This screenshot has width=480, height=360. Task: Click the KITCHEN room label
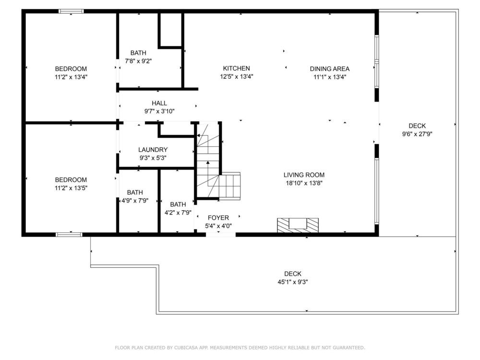(x=236, y=69)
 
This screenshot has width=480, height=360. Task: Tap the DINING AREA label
(x=330, y=69)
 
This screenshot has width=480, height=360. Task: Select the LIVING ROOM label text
(x=304, y=175)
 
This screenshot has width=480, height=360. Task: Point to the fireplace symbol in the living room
(x=298, y=225)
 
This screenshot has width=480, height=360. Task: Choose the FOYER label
(x=218, y=218)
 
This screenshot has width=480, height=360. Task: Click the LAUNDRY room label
(x=153, y=150)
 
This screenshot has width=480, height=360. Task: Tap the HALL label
(x=159, y=103)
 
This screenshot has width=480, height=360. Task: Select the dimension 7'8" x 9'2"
(x=138, y=61)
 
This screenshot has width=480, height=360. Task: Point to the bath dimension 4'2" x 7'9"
(x=178, y=212)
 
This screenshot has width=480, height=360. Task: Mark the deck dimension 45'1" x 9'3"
(x=292, y=282)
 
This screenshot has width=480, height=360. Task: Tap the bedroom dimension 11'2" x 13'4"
(x=71, y=76)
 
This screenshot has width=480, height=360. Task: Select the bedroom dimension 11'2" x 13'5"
(x=71, y=188)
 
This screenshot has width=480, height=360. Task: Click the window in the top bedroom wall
(x=71, y=11)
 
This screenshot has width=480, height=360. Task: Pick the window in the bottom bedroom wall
(x=69, y=234)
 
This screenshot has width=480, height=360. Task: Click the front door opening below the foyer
(x=220, y=234)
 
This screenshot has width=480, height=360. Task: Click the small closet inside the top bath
(x=170, y=30)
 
